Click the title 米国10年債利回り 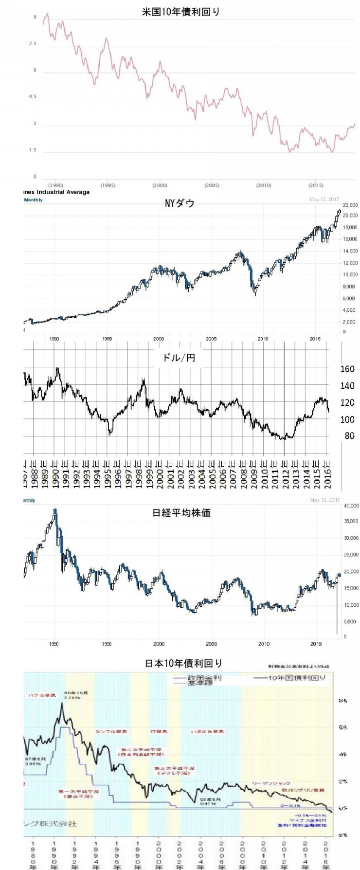[180, 12]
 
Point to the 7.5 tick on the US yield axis [33, 44]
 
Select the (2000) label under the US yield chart [160, 185]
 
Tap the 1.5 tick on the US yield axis [33, 150]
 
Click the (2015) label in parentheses [316, 185]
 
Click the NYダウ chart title [180, 203]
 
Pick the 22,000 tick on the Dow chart [350, 205]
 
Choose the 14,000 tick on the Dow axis [350, 251]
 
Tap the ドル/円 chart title [178, 358]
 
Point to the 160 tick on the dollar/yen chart [347, 369]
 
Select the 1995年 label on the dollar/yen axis [108, 472]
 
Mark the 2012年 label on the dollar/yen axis [286, 472]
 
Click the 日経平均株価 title [181, 513]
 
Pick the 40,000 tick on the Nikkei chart [351, 506]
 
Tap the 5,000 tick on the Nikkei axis [351, 622]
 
